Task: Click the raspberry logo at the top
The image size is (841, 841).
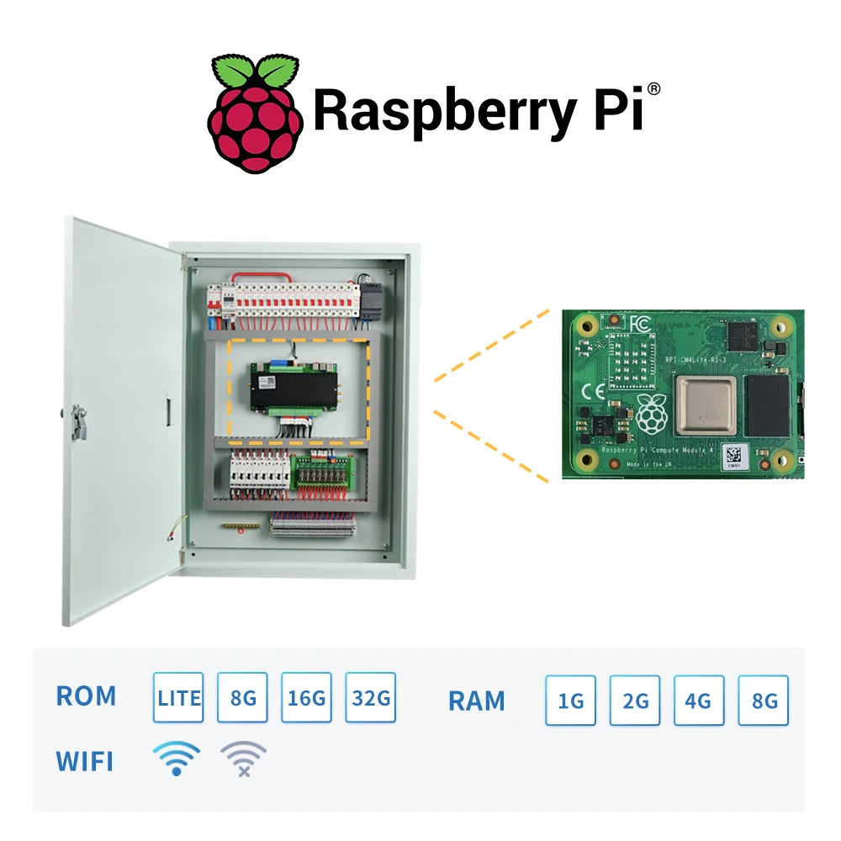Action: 255,113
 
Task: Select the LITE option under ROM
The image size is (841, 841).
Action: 178,697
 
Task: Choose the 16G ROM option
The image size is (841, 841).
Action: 306,697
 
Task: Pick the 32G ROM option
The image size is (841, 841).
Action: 370,697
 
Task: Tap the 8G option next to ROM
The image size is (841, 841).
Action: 242,697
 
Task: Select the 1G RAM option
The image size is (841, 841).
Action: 570,701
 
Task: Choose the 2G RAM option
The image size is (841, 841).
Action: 634,701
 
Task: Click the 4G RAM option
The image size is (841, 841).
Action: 698,701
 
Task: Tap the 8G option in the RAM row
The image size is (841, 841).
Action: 763,701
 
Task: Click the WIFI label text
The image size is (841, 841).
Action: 84,762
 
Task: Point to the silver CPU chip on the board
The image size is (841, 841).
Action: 706,405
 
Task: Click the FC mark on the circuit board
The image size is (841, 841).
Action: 638,325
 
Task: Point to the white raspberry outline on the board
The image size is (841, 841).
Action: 653,414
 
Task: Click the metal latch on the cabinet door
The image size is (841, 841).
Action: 77,420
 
